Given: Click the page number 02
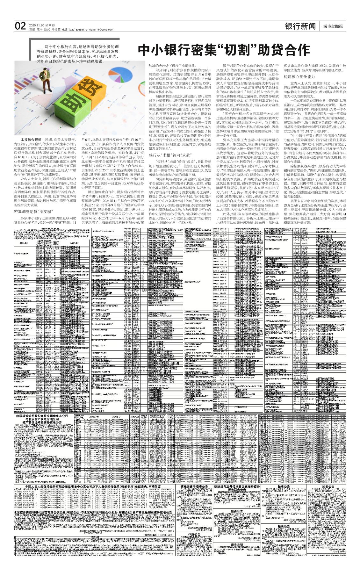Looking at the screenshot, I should pyautogui.click(x=20, y=26).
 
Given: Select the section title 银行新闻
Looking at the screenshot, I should pyautogui.click(x=300, y=26).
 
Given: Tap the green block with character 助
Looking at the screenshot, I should pyautogui.click(x=71, y=104).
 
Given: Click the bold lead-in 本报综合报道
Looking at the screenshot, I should pyautogui.click(x=31, y=140).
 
